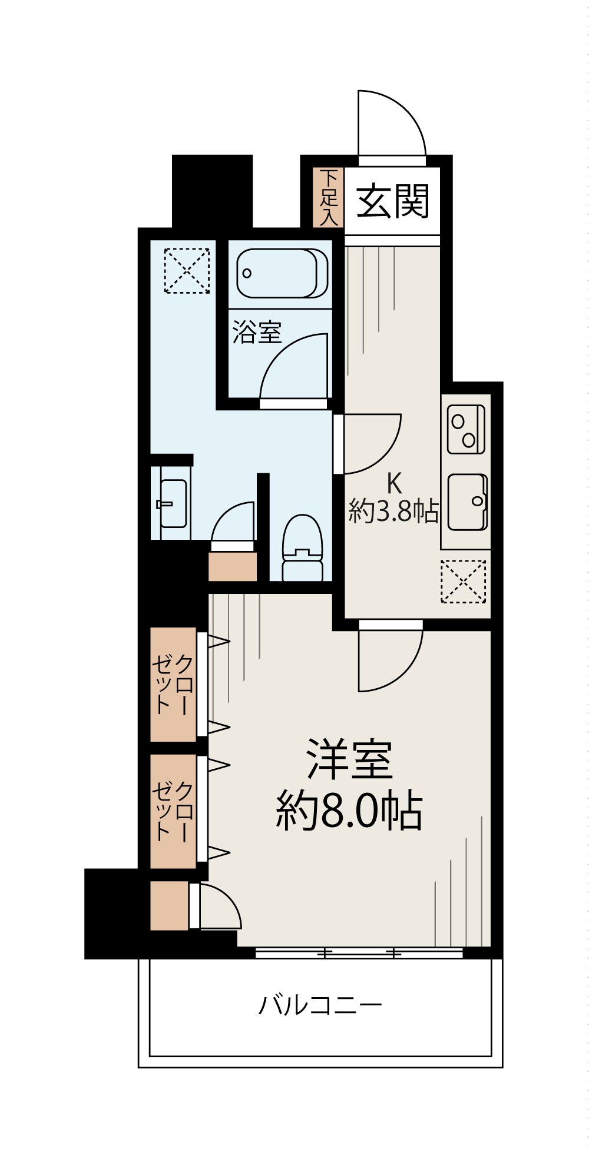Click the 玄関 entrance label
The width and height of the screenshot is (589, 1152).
pos(393,201)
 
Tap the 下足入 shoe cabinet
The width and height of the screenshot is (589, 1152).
pos(329,197)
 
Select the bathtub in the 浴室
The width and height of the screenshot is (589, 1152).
pos(282,273)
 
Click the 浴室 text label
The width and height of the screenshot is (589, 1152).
pos(256,333)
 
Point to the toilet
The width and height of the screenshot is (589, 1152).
pos(302,547)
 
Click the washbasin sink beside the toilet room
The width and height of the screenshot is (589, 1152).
pos(173,503)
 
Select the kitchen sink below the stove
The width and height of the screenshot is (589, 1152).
pos(467,502)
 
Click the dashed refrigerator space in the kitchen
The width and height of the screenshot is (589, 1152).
pos(464,581)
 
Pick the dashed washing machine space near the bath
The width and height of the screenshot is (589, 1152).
pos(187,270)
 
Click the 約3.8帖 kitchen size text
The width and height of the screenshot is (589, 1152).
pos(393,512)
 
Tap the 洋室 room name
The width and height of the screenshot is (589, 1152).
pos(349,759)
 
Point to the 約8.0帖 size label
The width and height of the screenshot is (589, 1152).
pos(349,811)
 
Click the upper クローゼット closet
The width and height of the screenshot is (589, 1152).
pos(173,684)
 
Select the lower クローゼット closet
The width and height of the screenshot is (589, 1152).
pos(173,811)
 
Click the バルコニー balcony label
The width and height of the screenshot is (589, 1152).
pos(320,1005)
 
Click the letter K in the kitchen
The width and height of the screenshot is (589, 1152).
pos(393,484)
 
